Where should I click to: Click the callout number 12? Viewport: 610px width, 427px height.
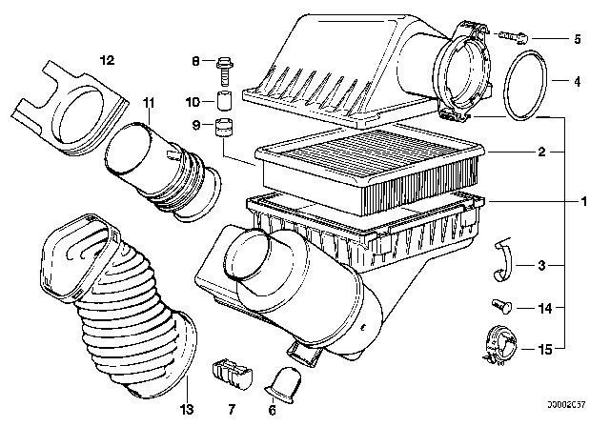107,59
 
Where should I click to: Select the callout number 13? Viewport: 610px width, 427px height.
187,384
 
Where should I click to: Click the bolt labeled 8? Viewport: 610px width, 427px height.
224,66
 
